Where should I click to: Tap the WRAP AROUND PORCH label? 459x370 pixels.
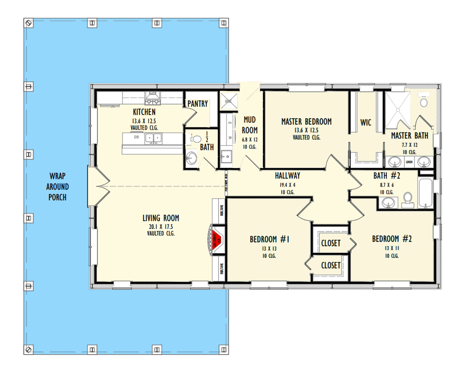[58, 186]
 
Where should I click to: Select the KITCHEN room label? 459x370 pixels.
[144, 112]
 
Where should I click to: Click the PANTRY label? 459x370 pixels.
[197, 103]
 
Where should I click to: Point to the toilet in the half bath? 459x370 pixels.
[196, 139]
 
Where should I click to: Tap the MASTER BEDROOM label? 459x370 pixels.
[306, 121]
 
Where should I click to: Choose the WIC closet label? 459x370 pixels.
[366, 123]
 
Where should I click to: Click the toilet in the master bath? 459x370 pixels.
[424, 102]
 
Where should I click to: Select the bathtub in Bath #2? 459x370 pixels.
[426, 193]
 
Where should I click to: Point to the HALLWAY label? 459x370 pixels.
[287, 176]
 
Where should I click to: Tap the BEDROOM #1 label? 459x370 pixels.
[270, 239]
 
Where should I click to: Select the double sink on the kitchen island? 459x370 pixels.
[153, 138]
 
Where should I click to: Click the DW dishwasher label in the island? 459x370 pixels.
[136, 136]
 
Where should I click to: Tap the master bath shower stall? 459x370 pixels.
[397, 110]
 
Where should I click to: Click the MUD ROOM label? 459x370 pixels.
[250, 125]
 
